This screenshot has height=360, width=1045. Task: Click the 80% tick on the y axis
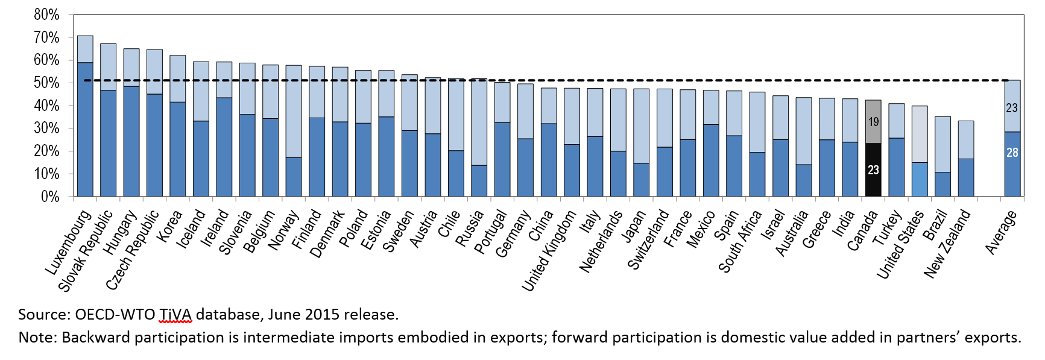[47, 15]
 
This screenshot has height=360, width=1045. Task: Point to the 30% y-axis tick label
[47, 128]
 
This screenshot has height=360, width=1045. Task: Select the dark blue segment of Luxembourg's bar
[85, 129]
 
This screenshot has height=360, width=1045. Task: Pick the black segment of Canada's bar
[873, 169]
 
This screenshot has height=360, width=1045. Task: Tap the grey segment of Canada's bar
[873, 122]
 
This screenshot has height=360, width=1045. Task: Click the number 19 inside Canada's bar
[873, 122]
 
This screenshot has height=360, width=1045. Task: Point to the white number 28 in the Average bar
[1012, 153]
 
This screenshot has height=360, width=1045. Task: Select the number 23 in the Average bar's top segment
[1012, 108]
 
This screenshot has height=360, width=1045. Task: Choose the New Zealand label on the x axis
[947, 244]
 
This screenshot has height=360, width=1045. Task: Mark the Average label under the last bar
[1002, 233]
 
